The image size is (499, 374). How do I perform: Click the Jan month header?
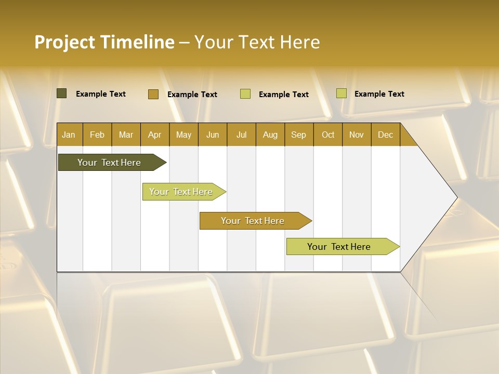pos(69,135)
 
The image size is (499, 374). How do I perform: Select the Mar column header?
pos(126,135)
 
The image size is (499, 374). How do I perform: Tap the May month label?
pos(183,135)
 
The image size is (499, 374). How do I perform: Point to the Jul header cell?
pos(241,135)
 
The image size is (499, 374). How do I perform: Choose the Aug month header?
pos(270,135)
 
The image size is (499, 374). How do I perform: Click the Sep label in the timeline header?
pos(298,135)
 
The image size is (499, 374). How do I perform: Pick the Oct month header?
pos(328,135)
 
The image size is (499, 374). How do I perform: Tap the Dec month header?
pos(385,135)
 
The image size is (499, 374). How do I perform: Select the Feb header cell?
pos(97,135)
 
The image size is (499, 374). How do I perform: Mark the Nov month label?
pos(357,135)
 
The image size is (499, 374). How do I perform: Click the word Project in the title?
pos(64,42)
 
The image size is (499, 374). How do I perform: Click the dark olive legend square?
pos(61,94)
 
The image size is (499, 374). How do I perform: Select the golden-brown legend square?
pos(153,94)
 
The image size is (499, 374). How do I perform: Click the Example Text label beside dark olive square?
pos(101,94)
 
